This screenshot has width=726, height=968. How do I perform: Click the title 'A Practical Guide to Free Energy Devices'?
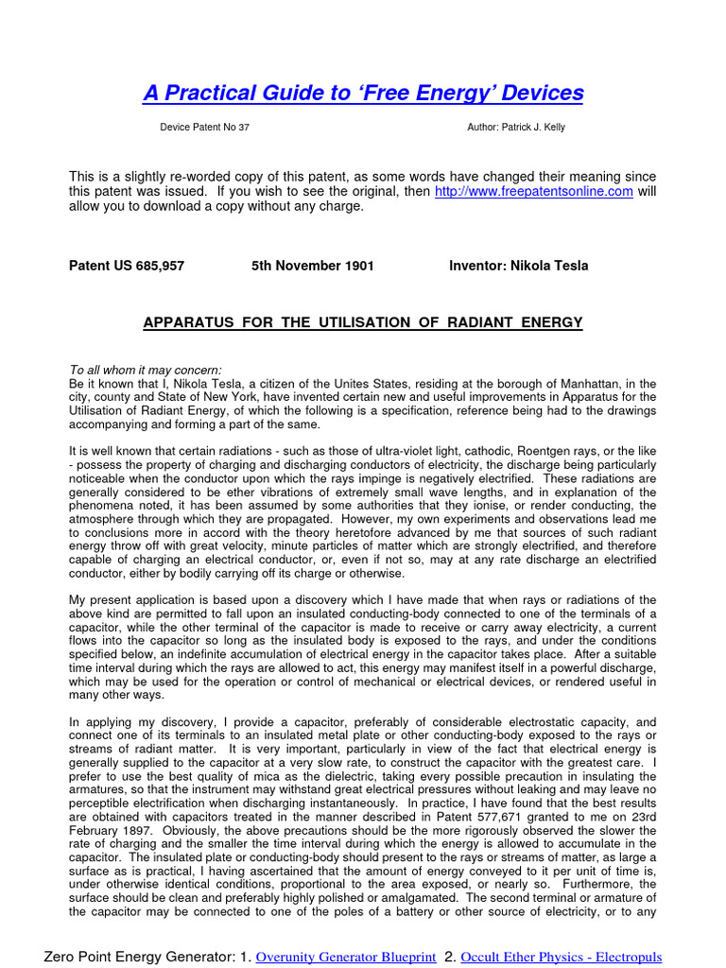pyautogui.click(x=363, y=93)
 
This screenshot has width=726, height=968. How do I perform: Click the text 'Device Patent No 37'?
pyautogui.click(x=205, y=128)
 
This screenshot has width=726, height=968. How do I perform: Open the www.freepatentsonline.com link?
pyautogui.click(x=533, y=192)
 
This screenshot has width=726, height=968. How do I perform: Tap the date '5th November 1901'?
pyautogui.click(x=312, y=266)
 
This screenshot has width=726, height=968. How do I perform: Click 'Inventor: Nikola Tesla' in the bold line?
pyautogui.click(x=518, y=266)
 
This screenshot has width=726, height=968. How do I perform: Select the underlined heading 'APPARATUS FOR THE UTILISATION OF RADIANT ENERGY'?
pyautogui.click(x=363, y=323)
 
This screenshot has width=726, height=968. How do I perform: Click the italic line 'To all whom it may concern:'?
pyautogui.click(x=146, y=370)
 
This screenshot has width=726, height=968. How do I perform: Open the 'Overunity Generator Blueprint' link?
pyautogui.click(x=346, y=958)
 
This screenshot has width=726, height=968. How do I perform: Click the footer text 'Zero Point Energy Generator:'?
pyautogui.click(x=134, y=958)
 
